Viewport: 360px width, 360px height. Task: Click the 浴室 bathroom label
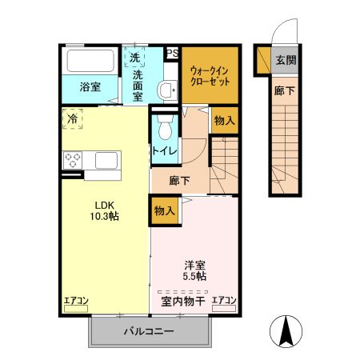coord(90,87)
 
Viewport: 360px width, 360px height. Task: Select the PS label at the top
coord(171,54)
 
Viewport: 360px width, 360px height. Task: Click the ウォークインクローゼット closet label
coord(210,75)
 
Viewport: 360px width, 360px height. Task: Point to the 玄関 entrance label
coord(285,60)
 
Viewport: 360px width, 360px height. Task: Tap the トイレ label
coord(164,149)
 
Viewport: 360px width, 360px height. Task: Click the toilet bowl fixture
coord(164,128)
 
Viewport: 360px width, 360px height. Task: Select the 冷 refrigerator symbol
coord(73,119)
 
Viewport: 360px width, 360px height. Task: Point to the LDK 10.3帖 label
coord(105,210)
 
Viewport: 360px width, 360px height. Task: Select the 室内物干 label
coord(183,301)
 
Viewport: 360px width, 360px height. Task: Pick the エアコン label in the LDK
coord(77,301)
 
